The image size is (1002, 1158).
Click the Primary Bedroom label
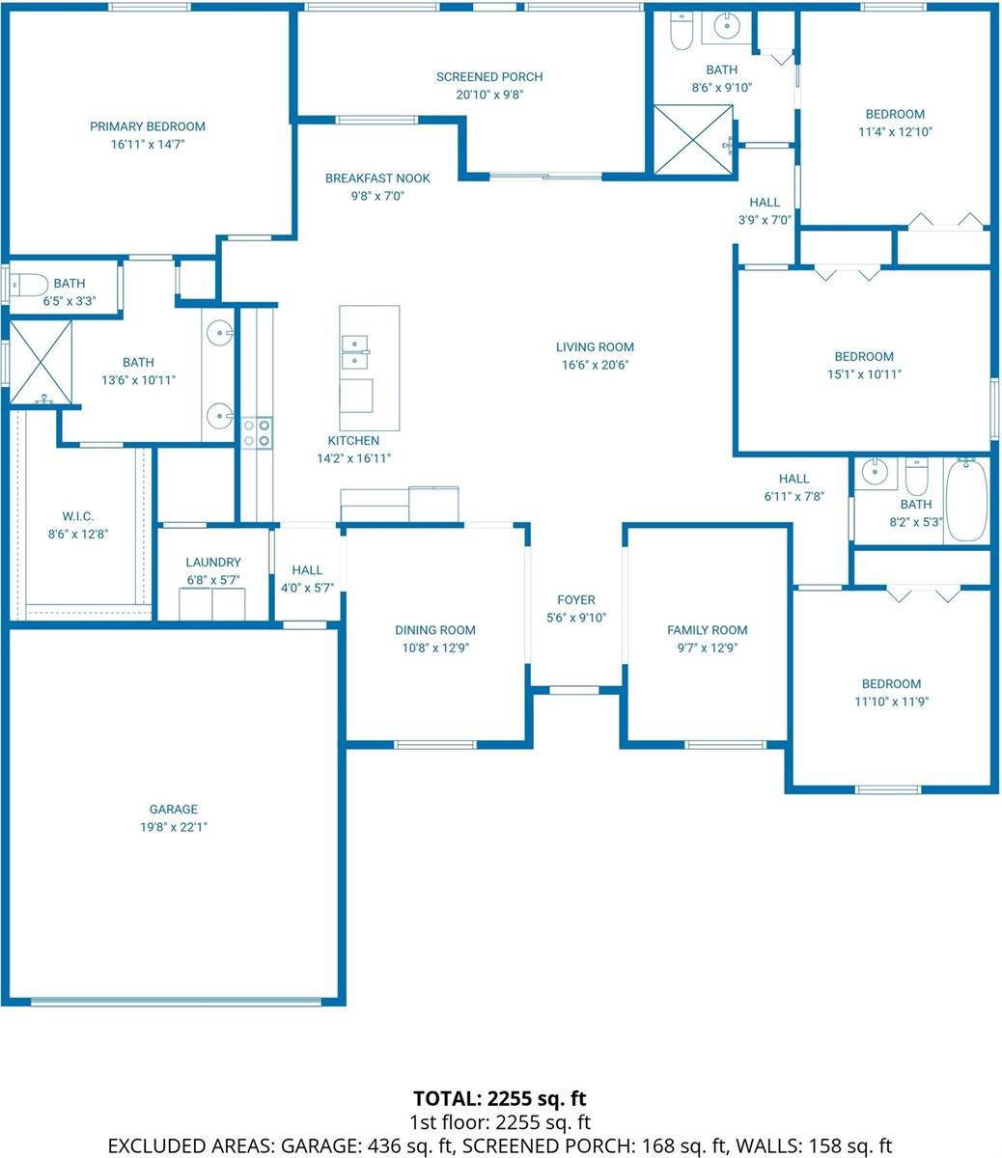[x=147, y=126]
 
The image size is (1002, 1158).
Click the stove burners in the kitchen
[x=257, y=431]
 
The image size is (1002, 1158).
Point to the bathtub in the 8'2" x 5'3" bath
[x=967, y=501]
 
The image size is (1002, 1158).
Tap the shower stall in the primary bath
[x=41, y=361]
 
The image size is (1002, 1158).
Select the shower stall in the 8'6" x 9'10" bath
[x=693, y=140]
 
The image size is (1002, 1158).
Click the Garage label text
[x=173, y=810]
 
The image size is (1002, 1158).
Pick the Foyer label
[x=576, y=600]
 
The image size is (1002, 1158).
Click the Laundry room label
[x=213, y=563]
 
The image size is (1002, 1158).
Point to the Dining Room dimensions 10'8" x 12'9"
[x=435, y=648]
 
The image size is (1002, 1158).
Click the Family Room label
[x=708, y=630]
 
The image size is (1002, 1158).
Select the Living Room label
[x=595, y=347]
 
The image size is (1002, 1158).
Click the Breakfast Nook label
[x=377, y=179]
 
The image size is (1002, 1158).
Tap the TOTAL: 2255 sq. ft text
[x=500, y=1098]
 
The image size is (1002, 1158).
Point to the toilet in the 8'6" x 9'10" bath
[x=681, y=30]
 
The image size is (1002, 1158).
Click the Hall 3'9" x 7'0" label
[x=765, y=203]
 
